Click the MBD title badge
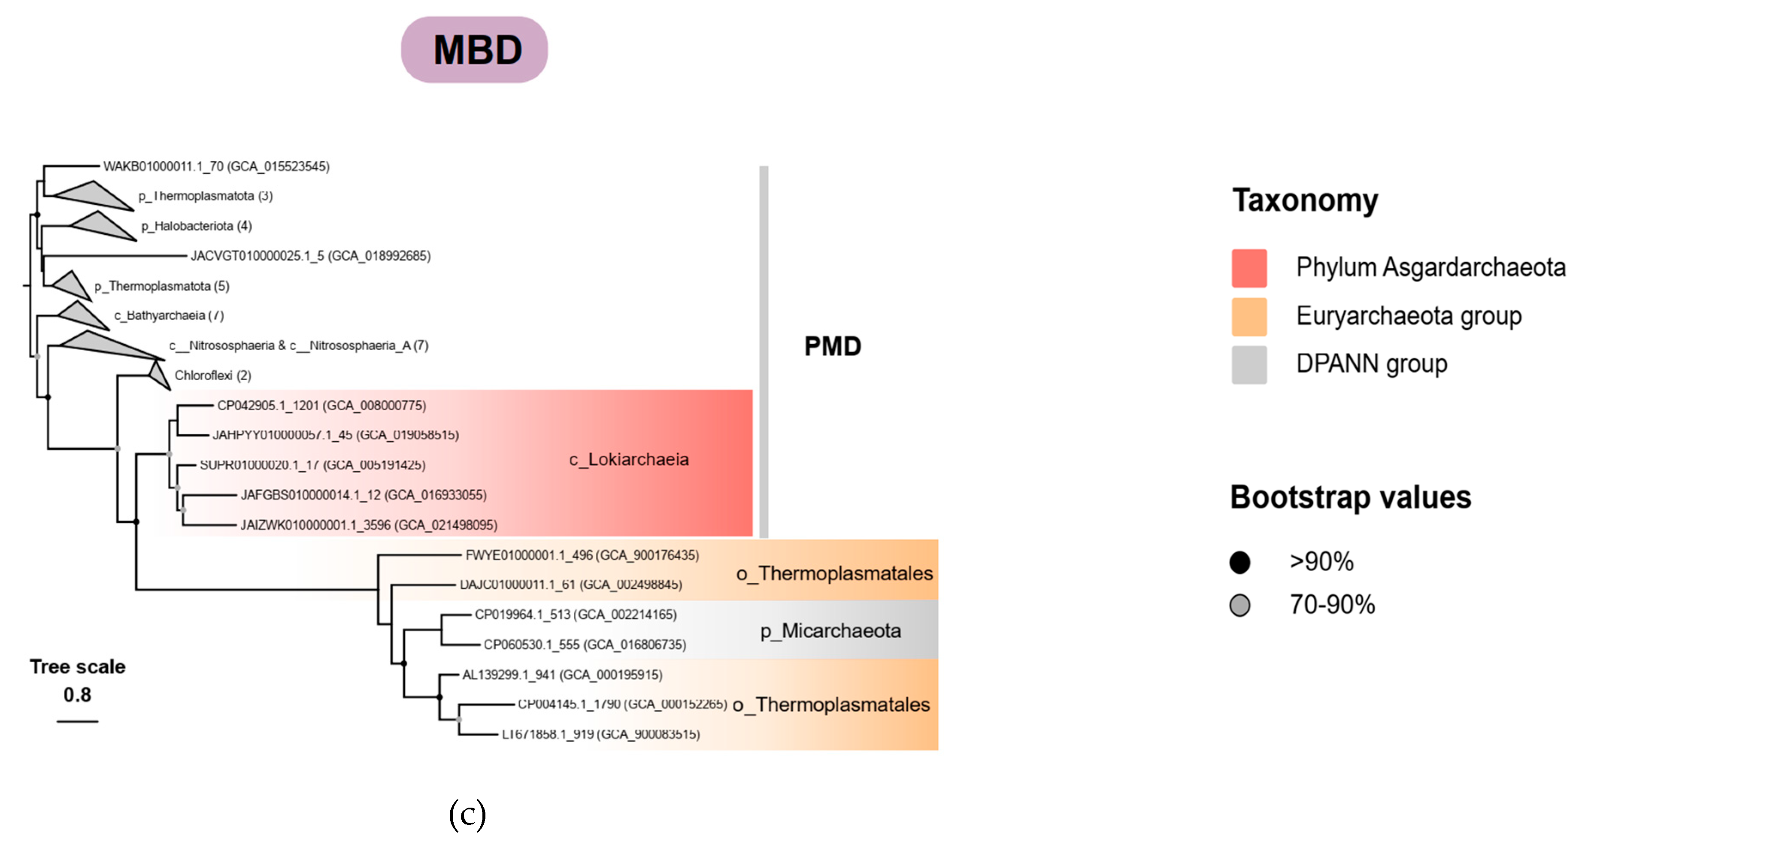474,50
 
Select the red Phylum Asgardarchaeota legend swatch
1249,268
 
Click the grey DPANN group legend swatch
1249,364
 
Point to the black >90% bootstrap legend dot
1239,562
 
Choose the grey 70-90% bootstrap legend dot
1239,605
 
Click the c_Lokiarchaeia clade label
629,460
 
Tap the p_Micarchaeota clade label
830,631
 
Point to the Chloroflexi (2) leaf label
212,376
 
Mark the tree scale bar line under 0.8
78,722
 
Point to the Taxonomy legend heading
1305,200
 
